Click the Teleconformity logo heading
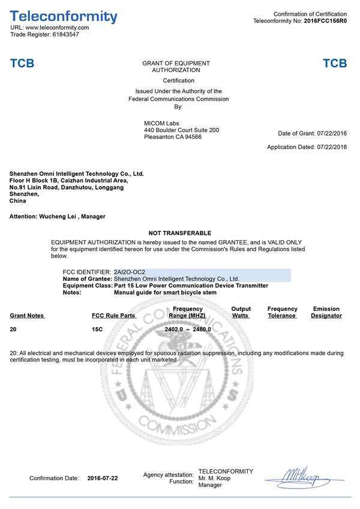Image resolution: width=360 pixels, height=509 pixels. tap(64, 16)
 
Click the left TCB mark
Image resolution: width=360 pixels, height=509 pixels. tap(22, 64)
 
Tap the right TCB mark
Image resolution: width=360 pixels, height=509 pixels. tap(334, 64)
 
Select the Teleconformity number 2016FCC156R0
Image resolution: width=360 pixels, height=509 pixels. tap(325, 21)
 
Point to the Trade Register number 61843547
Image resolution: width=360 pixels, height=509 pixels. tap(65, 35)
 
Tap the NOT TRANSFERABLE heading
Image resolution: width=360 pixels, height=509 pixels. tap(179, 233)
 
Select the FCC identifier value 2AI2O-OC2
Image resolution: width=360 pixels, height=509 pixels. tap(130, 272)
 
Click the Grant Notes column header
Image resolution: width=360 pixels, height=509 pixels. tap(27, 315)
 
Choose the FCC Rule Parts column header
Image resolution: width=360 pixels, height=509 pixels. tap(113, 315)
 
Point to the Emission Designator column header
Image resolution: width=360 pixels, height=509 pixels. tap(326, 312)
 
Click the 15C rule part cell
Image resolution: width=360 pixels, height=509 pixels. tap(97, 330)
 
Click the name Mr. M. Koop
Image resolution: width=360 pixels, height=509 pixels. tap(214, 478)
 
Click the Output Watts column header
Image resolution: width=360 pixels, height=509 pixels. tap(241, 312)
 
